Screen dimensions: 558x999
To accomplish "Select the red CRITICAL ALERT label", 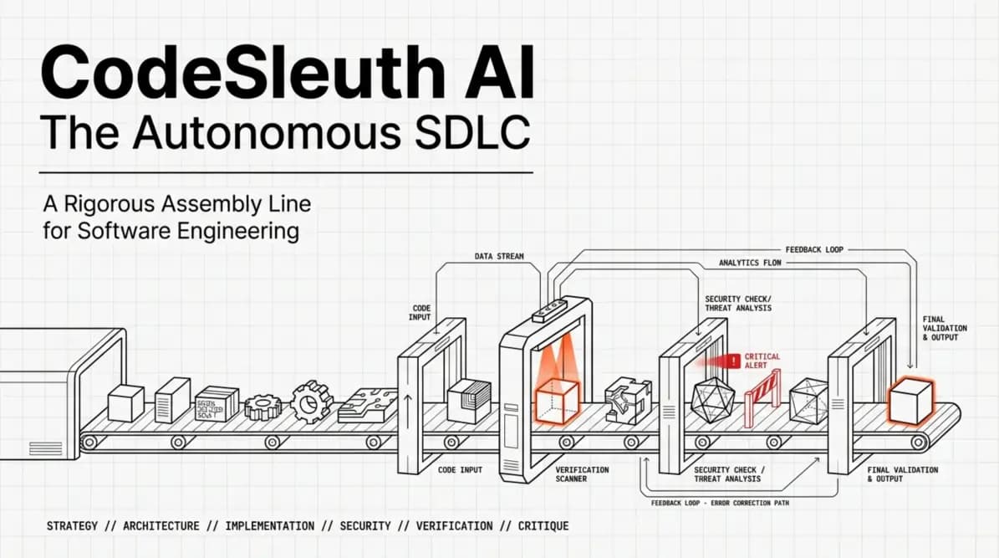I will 762,361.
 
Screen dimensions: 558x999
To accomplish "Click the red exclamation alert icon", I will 734,361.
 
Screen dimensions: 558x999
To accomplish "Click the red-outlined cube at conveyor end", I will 910,400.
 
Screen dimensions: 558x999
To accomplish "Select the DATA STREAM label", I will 499,257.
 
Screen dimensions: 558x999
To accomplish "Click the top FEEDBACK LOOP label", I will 813,249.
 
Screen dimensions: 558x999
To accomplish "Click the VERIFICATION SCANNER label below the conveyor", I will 583,474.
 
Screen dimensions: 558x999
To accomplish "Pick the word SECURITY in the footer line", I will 365,526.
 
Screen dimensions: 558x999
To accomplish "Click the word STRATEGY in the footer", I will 73,526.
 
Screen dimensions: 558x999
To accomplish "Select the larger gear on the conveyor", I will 311,402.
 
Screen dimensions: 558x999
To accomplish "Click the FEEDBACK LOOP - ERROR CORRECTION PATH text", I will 719,503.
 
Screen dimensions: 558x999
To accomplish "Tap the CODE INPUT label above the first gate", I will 420,312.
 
